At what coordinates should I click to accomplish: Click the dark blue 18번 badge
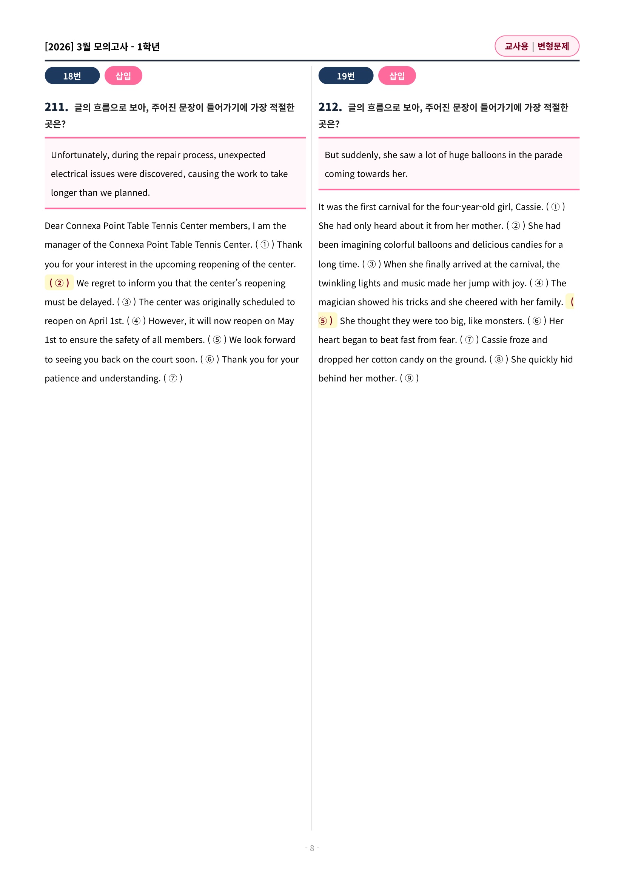(x=72, y=76)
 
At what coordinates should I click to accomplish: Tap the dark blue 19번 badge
(x=345, y=76)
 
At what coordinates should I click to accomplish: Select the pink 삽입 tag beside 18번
(x=123, y=76)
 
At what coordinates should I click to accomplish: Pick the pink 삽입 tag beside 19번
(x=397, y=76)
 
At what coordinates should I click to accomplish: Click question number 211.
(x=56, y=107)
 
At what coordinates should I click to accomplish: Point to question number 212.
(x=330, y=107)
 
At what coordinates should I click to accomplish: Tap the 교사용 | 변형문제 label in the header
(x=536, y=46)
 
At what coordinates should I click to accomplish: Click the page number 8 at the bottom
(x=312, y=848)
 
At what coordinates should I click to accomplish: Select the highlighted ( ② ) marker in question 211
(x=59, y=283)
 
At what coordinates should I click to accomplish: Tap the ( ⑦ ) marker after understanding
(x=173, y=378)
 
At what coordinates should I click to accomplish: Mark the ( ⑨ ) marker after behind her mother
(x=409, y=378)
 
